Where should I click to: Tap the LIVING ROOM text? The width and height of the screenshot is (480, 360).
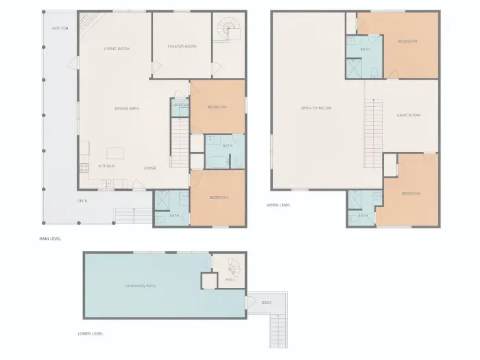coord(117,49)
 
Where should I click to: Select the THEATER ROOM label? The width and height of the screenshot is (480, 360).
coord(182,47)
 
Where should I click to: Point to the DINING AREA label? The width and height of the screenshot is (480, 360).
coord(127,108)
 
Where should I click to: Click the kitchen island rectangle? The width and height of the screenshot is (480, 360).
coord(117,152)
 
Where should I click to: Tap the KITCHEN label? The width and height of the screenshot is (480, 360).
coord(106,166)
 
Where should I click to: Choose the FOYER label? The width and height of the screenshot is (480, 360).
coord(149,167)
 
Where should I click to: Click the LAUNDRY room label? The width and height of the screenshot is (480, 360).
coord(180,105)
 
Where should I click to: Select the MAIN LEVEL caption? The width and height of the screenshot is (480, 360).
coord(51,239)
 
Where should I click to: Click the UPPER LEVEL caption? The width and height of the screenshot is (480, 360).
coord(278,204)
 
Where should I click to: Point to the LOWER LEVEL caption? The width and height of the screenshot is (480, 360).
coord(91,334)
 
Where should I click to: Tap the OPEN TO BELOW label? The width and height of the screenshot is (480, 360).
coord(316,108)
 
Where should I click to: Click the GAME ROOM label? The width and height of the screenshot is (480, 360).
coord(408,115)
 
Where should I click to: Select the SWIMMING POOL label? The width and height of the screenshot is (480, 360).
coord(141,285)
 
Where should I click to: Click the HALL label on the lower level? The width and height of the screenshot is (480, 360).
coord(230,280)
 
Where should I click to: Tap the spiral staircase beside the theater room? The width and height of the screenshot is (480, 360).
coord(226,29)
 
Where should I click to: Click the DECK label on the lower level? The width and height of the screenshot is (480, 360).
coord(267,302)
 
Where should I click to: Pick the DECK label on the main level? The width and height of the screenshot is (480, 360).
coord(82,201)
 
